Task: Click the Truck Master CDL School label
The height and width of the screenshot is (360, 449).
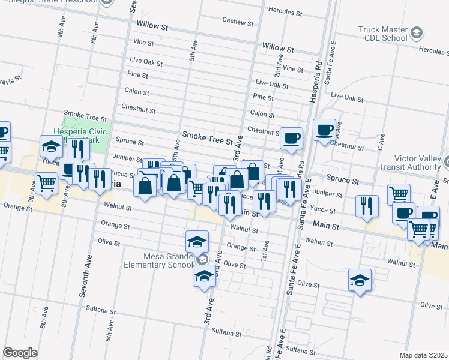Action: click(x=382, y=34)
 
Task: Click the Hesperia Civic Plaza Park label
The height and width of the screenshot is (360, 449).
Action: click(x=80, y=136)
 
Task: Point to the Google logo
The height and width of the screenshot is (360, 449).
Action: click(x=20, y=352)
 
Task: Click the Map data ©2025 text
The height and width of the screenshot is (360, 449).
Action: click(x=423, y=355)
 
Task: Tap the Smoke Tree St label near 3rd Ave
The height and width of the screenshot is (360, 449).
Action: click(x=207, y=140)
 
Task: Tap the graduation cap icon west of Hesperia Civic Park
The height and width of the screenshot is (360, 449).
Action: click(x=52, y=146)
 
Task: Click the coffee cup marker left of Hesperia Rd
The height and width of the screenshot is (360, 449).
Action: click(x=292, y=138)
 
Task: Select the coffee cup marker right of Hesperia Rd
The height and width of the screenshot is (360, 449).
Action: click(x=325, y=130)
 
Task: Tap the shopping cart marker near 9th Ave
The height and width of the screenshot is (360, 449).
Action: click(x=46, y=184)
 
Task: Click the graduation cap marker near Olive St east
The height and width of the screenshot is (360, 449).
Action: click(x=360, y=280)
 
